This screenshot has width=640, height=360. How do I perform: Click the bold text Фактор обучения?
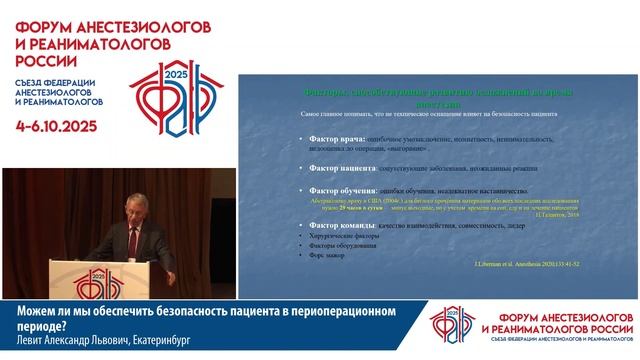click(338, 189)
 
